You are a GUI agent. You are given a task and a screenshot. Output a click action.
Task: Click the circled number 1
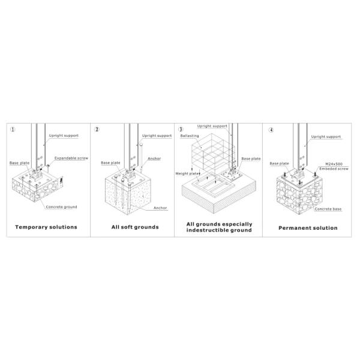click(x=13, y=130)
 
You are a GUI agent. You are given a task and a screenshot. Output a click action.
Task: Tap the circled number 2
click(x=97, y=130)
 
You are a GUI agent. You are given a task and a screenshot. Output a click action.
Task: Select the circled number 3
click(x=181, y=130)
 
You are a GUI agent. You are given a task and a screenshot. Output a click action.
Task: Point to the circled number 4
click(x=271, y=130)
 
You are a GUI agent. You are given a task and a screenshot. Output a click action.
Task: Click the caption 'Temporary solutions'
click(x=46, y=227)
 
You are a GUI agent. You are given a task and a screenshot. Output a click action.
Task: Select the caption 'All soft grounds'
click(x=135, y=227)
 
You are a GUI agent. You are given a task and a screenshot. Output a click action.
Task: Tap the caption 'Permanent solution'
click(x=308, y=228)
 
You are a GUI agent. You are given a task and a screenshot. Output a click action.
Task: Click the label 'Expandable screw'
click(x=71, y=158)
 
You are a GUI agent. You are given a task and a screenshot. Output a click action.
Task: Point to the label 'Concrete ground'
click(x=61, y=207)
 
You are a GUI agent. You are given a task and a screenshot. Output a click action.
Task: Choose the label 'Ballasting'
click(x=190, y=136)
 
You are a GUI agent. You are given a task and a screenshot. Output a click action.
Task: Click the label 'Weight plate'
click(x=187, y=173)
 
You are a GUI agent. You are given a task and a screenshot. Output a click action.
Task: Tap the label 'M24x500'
click(x=334, y=164)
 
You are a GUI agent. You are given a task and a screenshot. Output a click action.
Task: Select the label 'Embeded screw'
click(x=334, y=169)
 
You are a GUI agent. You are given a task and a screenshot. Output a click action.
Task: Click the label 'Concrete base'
click(x=328, y=209)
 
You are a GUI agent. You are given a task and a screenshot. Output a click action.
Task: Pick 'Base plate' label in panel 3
click(x=251, y=158)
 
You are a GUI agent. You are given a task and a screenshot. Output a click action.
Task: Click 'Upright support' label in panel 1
click(x=64, y=136)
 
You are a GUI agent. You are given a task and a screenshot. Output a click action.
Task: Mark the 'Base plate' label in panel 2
click(x=110, y=163)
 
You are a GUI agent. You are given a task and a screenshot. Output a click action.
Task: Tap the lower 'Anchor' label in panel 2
click(x=160, y=208)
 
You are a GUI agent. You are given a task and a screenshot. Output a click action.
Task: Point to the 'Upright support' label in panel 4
click(x=326, y=137)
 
